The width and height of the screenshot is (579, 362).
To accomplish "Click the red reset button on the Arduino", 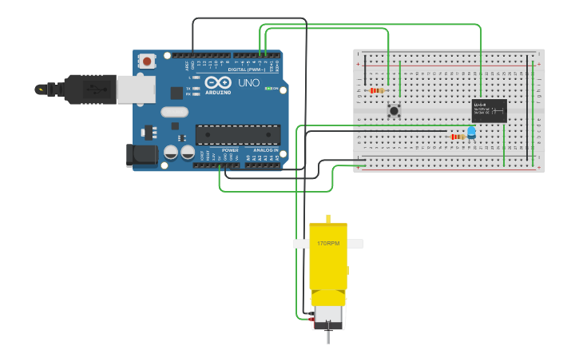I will [x=148, y=61].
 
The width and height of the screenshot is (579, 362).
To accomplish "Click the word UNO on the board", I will [x=248, y=83].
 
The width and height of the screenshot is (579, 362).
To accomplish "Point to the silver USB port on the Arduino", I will [x=136, y=90].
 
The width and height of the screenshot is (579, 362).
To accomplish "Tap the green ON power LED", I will [x=269, y=89].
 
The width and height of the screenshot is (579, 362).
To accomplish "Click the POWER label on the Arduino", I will [x=230, y=150].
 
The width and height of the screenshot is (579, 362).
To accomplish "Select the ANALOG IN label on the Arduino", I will [x=265, y=150].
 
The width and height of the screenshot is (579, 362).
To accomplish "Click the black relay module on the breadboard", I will [x=489, y=110].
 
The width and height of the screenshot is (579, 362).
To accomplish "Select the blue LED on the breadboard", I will [x=471, y=132].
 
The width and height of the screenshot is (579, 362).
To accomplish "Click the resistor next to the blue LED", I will [x=457, y=137].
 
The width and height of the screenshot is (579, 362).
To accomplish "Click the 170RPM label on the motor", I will [x=327, y=243].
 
